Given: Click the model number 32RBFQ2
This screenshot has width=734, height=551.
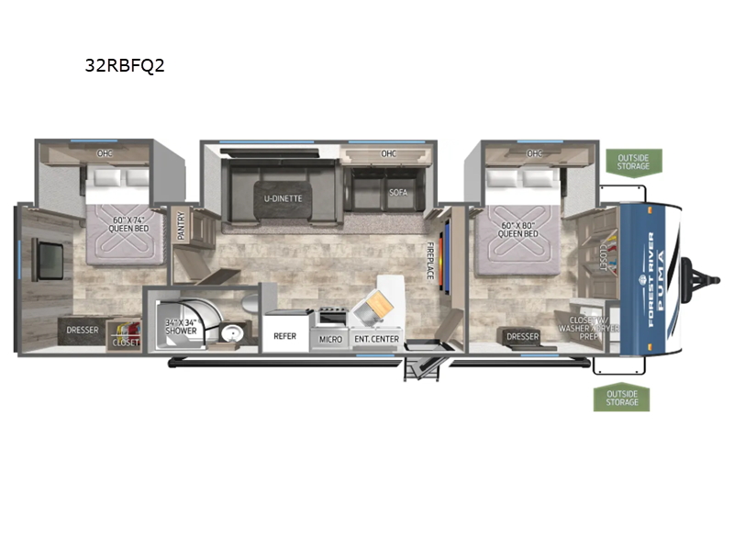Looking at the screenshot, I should [x=124, y=65].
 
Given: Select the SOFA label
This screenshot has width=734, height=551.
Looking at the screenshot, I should [x=398, y=193].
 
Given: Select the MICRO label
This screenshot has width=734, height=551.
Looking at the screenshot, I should [x=330, y=339].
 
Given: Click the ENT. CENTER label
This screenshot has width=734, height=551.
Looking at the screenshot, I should [x=376, y=339].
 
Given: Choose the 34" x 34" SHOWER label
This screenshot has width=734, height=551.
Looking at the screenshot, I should [x=181, y=326].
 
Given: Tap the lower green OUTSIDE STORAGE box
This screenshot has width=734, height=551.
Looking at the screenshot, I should [x=621, y=397].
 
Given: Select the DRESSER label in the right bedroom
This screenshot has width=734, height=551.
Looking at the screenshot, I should [x=522, y=337].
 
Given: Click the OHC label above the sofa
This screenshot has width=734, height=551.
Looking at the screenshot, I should [x=387, y=152].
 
